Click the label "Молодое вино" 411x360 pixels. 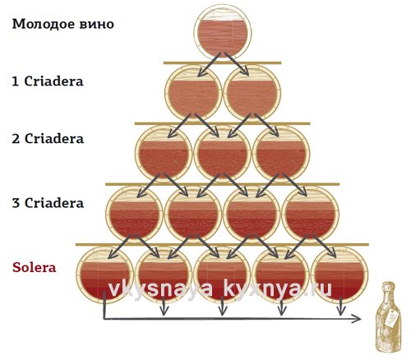62,25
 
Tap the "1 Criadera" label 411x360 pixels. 48,81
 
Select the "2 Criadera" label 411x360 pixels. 48,139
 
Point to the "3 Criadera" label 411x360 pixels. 48,203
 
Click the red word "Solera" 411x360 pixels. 35,267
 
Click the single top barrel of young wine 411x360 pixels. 223,33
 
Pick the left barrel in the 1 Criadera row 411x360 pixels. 193,94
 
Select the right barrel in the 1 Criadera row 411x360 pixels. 252,94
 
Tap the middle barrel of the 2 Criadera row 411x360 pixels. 222,155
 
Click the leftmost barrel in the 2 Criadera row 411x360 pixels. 164,155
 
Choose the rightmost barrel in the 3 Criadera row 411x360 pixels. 310,215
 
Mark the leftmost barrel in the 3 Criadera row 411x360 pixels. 134,215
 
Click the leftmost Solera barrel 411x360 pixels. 104,275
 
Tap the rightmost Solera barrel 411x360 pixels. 339,275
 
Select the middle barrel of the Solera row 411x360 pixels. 222,275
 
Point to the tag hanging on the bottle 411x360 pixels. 391,319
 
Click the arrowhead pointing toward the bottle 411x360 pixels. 357,318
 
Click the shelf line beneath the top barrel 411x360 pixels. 222,63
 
